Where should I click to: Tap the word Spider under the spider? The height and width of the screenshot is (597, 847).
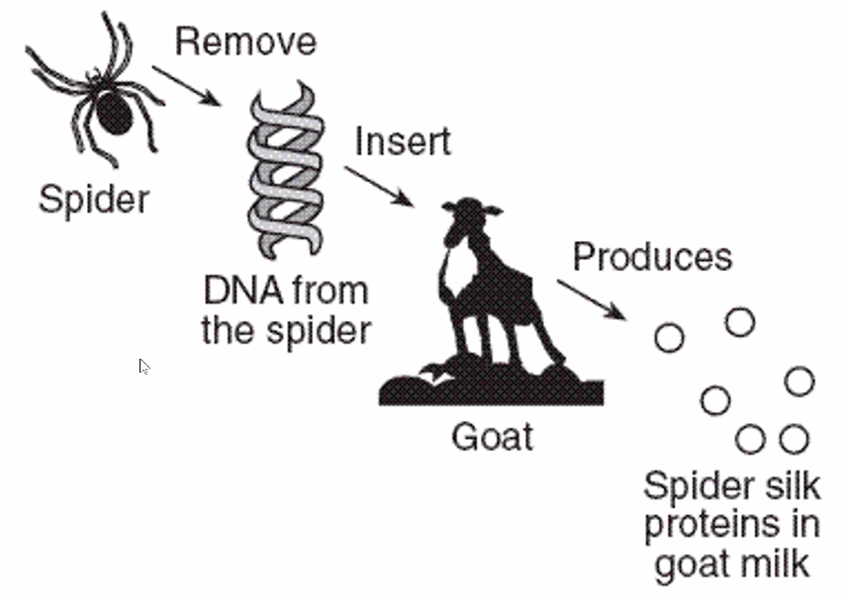click(93, 200)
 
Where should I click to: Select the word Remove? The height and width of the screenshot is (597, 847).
click(245, 42)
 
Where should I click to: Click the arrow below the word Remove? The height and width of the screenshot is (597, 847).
click(187, 83)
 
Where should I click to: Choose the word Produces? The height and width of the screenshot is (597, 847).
click(652, 257)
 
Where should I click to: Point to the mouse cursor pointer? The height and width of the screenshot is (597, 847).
click(143, 366)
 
